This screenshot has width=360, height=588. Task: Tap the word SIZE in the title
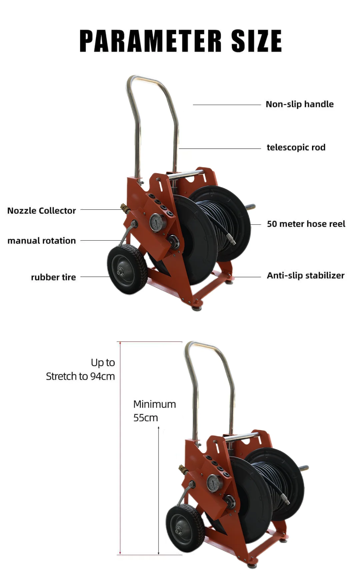(x=256, y=41)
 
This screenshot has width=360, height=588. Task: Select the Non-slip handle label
(x=299, y=104)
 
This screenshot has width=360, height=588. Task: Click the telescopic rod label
(x=296, y=147)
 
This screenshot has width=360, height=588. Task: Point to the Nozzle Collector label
(x=42, y=211)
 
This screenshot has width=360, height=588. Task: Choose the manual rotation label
(x=42, y=241)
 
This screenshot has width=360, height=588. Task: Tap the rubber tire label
(x=53, y=277)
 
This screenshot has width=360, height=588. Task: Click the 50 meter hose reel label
(x=306, y=224)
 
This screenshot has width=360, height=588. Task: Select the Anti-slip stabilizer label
(x=305, y=276)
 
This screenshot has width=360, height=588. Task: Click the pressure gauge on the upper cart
(x=157, y=222)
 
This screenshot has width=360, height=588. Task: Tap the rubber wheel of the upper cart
(x=127, y=269)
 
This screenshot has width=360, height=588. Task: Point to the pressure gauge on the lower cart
(x=214, y=483)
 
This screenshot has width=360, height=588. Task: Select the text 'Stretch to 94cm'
(x=80, y=376)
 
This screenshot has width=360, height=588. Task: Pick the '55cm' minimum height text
(x=145, y=418)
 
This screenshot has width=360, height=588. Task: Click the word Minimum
(x=154, y=404)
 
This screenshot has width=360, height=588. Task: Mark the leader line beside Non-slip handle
(x=227, y=105)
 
